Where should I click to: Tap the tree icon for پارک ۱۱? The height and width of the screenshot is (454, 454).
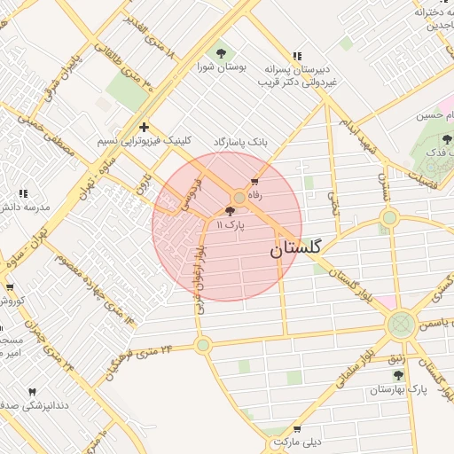click(x=231, y=211)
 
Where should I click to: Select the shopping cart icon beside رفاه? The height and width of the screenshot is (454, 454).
click(x=255, y=181)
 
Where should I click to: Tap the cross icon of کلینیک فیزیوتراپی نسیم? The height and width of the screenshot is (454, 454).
click(x=144, y=127)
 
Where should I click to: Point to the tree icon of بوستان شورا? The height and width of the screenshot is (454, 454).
click(x=219, y=52)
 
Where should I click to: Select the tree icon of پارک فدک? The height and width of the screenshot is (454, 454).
click(x=446, y=138)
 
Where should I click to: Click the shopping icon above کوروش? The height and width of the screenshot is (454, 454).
click(x=10, y=286)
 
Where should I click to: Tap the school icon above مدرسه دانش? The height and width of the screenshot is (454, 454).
click(x=23, y=192)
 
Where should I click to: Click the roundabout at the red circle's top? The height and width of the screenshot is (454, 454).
click(x=239, y=198)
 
